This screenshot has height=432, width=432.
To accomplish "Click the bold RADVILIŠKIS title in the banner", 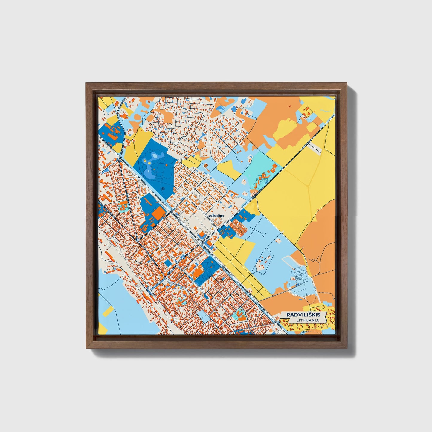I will click(303, 315).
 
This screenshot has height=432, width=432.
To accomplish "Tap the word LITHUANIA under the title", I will click(308, 320).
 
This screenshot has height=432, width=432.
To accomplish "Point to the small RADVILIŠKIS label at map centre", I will click(216, 216).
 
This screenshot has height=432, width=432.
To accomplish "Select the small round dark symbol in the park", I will click(163, 189).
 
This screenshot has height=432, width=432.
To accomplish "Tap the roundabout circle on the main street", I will click(137, 240).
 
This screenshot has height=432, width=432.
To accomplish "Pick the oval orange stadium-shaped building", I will click(198, 272).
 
